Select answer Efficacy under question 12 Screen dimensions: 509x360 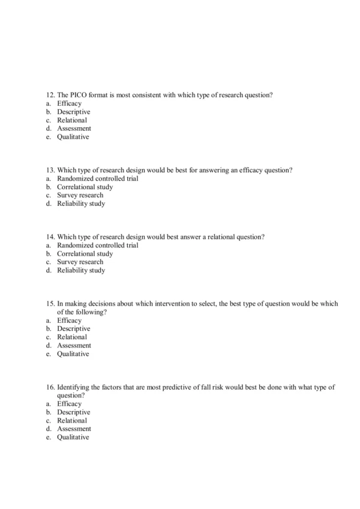tap(69, 103)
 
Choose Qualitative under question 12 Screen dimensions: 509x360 tap(73, 137)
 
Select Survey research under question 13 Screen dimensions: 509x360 tap(80, 195)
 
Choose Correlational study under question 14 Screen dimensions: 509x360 tap(85, 253)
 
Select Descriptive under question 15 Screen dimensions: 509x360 tap(73, 329)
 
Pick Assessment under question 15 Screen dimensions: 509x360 tap(74, 346)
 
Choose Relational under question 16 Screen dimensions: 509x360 tap(72, 421)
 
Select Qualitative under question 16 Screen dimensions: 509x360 tap(73, 438)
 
